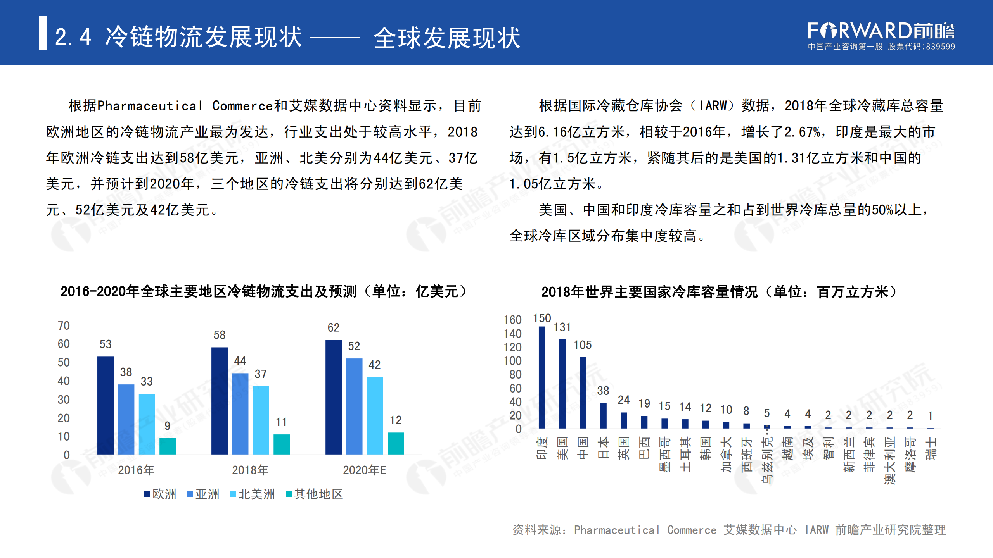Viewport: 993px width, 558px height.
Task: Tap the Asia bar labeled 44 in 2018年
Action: pos(240,413)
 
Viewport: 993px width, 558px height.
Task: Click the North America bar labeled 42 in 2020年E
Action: pos(375,415)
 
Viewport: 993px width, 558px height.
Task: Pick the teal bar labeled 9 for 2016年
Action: pos(167,446)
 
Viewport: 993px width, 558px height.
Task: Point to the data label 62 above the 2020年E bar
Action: pos(333,328)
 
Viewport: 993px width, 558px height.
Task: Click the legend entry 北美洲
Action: pos(253,494)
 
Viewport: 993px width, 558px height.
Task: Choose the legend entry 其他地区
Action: pos(315,494)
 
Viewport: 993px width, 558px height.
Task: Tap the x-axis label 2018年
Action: pos(250,470)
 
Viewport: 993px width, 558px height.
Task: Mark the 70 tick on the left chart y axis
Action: pos(64,325)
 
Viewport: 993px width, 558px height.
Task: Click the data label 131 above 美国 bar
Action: pos(562,327)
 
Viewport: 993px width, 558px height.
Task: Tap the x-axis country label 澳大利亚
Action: pos(889,460)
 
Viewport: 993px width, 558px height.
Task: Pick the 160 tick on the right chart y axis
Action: pos(512,320)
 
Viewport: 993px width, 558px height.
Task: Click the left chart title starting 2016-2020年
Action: pos(264,291)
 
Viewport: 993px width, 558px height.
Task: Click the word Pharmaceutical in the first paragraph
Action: pos(150,106)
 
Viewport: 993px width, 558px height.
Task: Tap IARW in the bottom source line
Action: pos(816,530)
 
